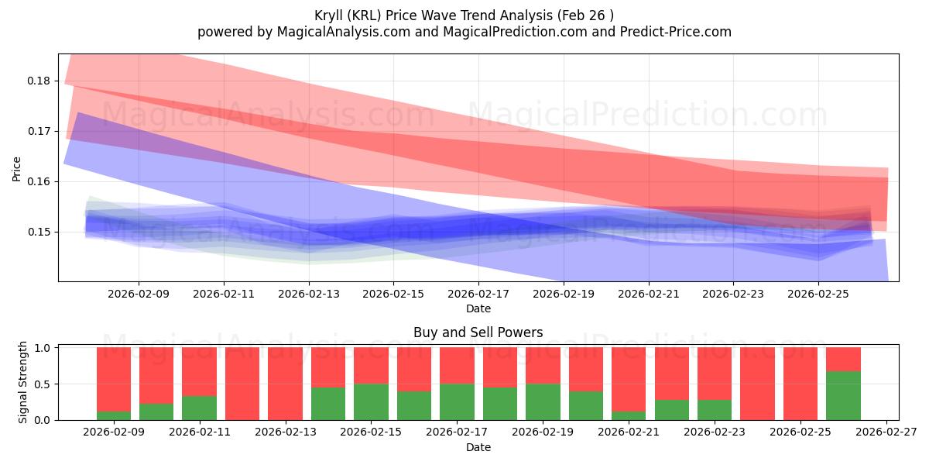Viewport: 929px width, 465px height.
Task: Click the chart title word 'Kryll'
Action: tap(333, 15)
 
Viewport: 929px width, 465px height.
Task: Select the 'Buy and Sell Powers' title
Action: tap(478, 332)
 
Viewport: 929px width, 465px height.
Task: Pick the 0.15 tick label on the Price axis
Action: tap(39, 232)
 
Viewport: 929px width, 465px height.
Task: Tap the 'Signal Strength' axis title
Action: tap(23, 383)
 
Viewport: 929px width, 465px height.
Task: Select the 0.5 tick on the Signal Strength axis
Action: tap(43, 384)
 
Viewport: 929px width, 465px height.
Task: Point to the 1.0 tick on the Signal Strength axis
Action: tap(43, 348)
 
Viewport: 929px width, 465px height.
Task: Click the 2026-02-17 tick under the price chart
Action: tap(478, 294)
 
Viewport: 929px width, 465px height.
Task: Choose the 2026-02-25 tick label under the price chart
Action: tap(819, 294)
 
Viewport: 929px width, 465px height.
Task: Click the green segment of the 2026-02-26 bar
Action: tap(843, 396)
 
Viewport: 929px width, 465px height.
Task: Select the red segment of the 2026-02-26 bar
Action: tap(843, 359)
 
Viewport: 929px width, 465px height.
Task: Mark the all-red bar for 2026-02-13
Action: tap(285, 384)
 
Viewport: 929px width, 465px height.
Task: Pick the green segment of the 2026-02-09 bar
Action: tap(114, 415)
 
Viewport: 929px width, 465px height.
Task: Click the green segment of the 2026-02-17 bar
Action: tap(457, 401)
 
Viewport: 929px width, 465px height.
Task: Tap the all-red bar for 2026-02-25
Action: tap(800, 384)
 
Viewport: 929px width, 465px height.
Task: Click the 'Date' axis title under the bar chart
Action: tap(478, 447)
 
